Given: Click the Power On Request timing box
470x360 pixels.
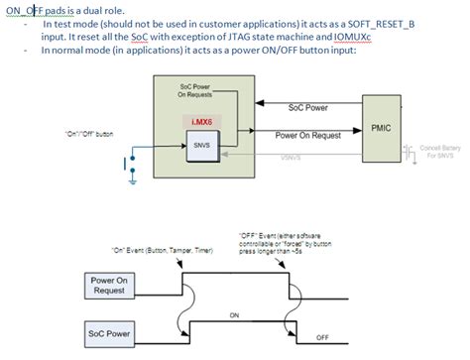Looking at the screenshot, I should coord(111,285).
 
